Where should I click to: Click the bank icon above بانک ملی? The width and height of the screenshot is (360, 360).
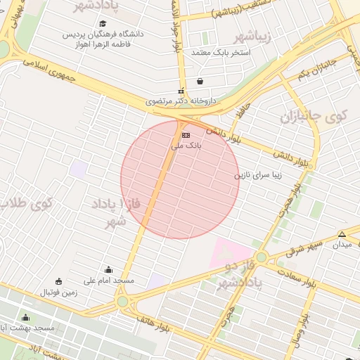point(186,134)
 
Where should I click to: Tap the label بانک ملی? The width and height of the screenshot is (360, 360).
point(186,146)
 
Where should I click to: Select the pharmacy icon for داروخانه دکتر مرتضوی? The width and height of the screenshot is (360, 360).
point(181,91)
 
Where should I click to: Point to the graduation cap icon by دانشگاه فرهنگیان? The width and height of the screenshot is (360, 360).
point(102,24)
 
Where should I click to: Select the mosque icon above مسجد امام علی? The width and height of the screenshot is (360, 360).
point(108,269)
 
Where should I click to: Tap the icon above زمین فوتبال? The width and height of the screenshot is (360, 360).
point(58,281)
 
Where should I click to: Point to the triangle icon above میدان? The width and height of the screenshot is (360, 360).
point(342,234)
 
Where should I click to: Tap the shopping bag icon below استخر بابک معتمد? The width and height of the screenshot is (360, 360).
point(201,80)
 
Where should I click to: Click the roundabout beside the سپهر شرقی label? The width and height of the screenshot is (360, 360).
point(262,257)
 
